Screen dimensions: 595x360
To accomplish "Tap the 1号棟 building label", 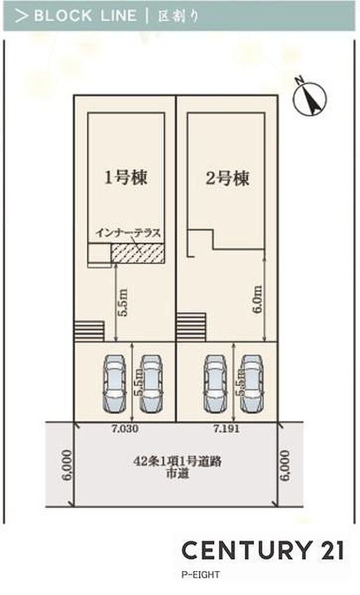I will (125, 177).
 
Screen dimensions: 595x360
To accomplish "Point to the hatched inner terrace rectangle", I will (137, 253).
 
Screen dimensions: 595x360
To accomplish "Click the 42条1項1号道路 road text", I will (178, 463).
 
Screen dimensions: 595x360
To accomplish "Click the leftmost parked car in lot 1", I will (113, 382).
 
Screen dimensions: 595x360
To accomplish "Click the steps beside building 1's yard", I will (88, 331).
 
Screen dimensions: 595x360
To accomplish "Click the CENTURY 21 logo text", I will (263, 550).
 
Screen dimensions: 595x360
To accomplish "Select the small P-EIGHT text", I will (200, 575).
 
